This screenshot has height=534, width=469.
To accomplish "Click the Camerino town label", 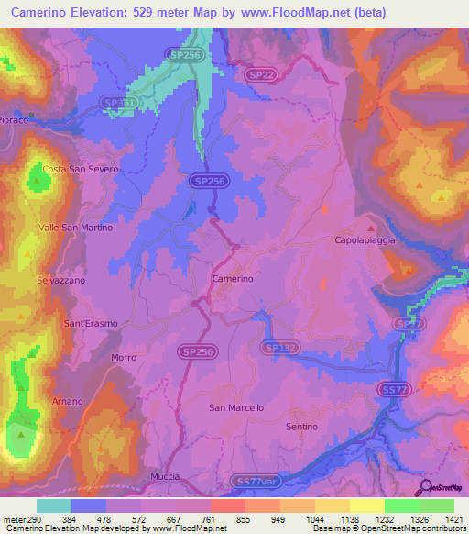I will click(232, 278).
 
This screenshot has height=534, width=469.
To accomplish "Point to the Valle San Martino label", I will click(75, 227).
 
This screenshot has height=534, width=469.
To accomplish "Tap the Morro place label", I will click(123, 357).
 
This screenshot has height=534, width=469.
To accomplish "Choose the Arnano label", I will click(67, 401).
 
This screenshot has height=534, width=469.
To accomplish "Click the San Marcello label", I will click(236, 407).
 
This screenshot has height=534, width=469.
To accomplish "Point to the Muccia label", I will click(167, 478).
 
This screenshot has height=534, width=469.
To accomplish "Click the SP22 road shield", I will click(261, 74).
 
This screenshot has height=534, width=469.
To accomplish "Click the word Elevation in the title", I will click(96, 13).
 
